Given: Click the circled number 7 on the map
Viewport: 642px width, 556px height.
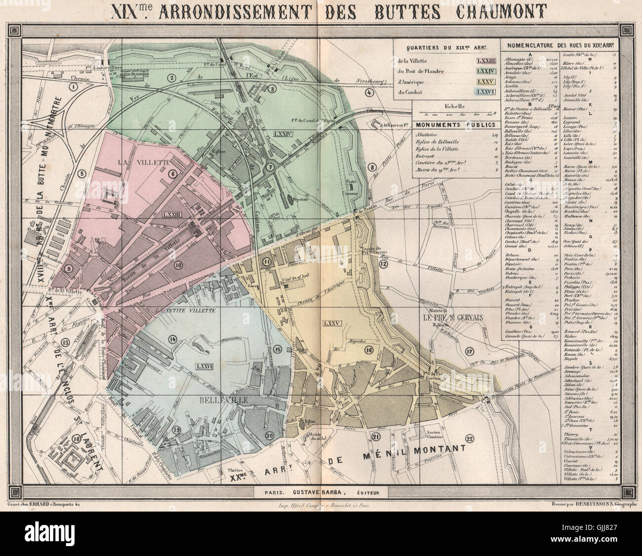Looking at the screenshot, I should click(x=270, y=167).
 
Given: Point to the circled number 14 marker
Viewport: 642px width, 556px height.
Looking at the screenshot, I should click(x=172, y=339).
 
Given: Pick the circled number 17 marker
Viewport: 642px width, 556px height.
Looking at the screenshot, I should click(x=469, y=351).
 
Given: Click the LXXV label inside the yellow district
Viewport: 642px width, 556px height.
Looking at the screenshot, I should click(x=330, y=323).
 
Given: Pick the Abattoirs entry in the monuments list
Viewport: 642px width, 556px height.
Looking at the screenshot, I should click(x=425, y=133).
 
